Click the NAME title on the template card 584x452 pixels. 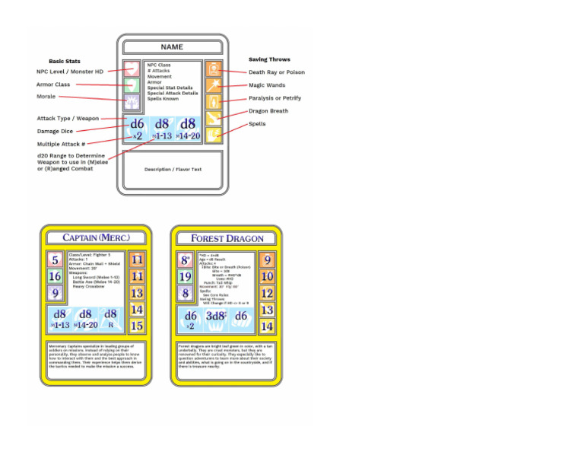(x=172, y=47)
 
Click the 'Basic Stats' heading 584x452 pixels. (x=65, y=61)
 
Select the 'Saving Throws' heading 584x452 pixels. (x=269, y=59)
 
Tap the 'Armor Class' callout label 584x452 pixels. (x=53, y=84)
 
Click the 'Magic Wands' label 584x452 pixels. (x=266, y=85)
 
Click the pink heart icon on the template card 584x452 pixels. (x=133, y=68)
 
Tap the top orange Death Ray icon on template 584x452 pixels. (x=213, y=68)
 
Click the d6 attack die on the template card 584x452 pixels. (x=137, y=124)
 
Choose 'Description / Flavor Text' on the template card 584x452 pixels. (x=172, y=169)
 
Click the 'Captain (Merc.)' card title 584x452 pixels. (x=96, y=237)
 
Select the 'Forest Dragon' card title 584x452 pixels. (x=227, y=238)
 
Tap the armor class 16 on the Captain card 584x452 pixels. (x=56, y=276)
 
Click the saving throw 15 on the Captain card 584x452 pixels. (x=137, y=326)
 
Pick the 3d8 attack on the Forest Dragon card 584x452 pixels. (x=215, y=316)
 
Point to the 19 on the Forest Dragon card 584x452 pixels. (x=185, y=276)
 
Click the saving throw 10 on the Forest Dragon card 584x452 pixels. (x=267, y=276)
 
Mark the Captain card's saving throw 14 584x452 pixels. (x=137, y=309)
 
